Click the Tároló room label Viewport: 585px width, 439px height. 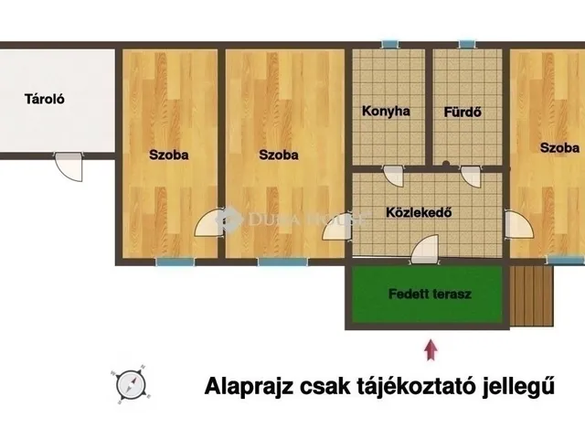[42, 100]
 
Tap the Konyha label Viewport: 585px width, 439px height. [386, 112]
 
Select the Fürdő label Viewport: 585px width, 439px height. [463, 112]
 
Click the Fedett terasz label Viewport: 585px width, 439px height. [423, 294]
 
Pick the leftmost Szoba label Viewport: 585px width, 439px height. [169, 155]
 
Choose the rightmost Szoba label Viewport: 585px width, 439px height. [558, 147]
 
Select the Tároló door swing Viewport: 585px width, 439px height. [69, 167]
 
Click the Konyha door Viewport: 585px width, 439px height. [392, 176]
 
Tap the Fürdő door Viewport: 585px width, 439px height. [471, 177]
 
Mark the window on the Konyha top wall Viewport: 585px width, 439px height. [390, 44]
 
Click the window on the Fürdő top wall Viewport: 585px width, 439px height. [467, 44]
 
